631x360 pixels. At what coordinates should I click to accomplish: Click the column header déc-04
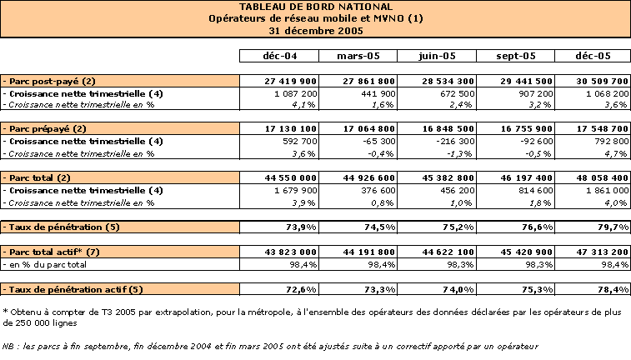(280, 56)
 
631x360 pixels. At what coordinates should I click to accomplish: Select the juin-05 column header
(437, 56)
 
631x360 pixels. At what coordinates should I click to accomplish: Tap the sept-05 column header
(516, 56)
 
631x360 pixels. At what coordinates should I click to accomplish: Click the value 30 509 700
(602, 82)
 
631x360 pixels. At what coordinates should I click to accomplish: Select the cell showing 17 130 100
(291, 128)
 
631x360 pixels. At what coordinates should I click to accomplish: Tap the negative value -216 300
(455, 141)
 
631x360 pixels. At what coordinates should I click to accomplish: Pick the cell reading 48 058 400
(602, 177)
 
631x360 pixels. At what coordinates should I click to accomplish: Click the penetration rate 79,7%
(613, 227)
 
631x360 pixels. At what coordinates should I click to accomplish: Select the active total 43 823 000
(291, 252)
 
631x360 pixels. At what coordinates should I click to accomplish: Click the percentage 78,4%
(613, 290)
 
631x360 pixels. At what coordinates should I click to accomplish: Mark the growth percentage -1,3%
(460, 153)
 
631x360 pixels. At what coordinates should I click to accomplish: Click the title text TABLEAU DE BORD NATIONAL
(316, 7)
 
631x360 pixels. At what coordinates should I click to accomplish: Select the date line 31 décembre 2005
(316, 31)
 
